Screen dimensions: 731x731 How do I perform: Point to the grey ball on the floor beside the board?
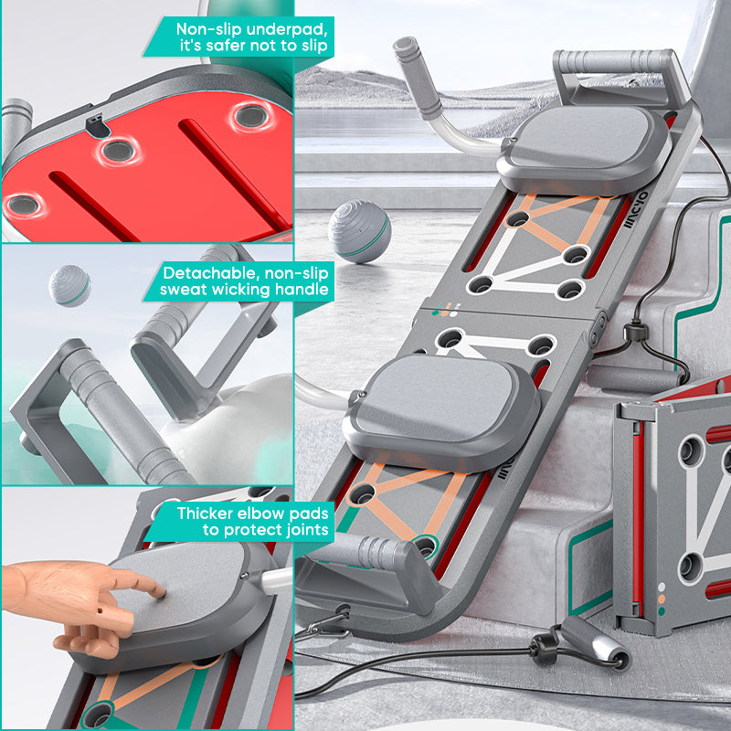coord(359,231)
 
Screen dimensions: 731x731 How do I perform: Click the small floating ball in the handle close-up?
coord(69,285)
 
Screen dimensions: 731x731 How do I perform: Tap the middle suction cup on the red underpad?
coord(117,151)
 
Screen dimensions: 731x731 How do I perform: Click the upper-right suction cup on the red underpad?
coord(248,115)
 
